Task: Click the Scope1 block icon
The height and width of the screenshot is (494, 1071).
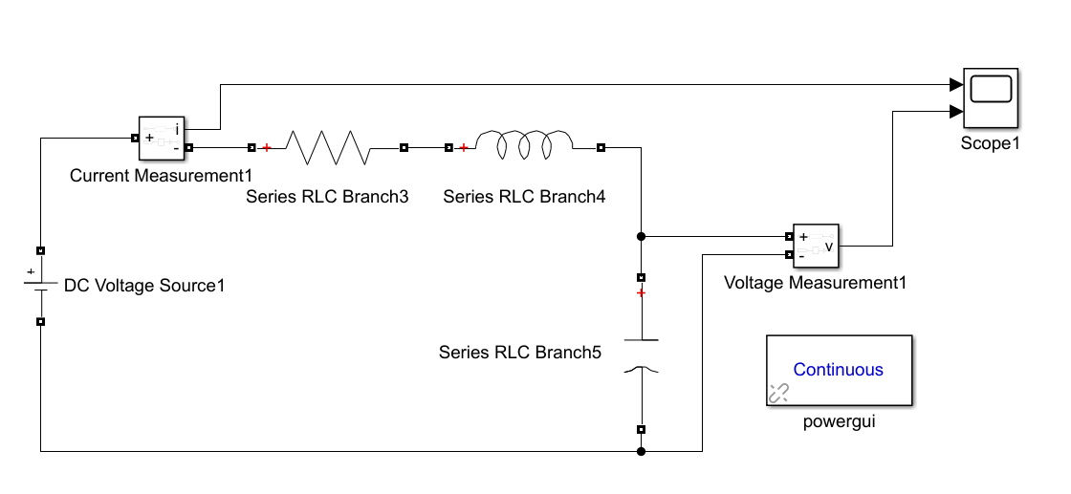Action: (x=990, y=98)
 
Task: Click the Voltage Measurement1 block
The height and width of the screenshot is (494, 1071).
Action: (x=815, y=246)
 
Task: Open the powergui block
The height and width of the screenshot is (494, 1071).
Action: (x=838, y=371)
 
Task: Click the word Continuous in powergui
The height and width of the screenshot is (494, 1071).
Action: (x=838, y=370)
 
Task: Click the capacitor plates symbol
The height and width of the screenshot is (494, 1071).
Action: (x=641, y=354)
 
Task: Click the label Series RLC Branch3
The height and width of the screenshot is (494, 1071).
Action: (x=327, y=197)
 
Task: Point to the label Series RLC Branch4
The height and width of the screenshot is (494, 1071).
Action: (x=524, y=197)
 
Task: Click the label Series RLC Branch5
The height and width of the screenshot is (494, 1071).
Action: (x=520, y=352)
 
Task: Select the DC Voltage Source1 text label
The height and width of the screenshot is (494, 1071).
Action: (x=144, y=285)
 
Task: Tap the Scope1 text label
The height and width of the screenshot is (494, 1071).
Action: (x=990, y=143)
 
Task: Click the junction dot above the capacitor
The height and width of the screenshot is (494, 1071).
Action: (x=641, y=236)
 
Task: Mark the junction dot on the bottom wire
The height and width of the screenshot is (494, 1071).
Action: (x=641, y=451)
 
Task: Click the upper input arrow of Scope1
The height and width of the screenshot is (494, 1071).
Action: (x=955, y=84)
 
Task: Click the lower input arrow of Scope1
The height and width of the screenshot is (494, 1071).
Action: (x=955, y=111)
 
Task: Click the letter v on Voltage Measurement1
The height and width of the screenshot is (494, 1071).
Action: (x=828, y=246)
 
